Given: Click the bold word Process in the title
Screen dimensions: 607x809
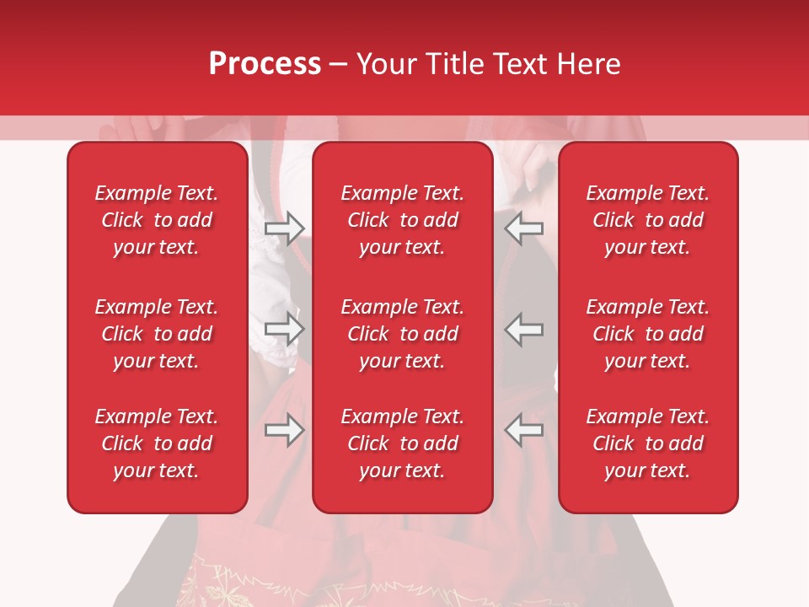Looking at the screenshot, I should [265, 64].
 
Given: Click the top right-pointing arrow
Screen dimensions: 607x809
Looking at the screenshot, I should [284, 228].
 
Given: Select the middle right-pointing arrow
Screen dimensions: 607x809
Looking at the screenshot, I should [284, 328].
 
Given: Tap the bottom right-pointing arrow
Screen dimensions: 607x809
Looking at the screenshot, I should [284, 430].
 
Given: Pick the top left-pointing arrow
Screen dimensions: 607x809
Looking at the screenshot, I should [524, 228].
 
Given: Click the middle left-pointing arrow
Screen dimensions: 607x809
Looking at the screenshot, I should [524, 328].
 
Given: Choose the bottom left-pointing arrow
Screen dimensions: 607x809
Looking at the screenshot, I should [524, 430].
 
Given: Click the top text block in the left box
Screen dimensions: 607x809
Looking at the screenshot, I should [157, 220].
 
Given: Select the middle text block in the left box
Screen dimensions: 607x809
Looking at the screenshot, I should [157, 334].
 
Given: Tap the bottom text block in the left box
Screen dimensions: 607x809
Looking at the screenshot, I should [157, 443].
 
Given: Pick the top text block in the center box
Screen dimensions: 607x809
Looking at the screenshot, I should [402, 220].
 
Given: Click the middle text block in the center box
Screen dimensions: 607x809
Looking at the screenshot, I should [402, 334].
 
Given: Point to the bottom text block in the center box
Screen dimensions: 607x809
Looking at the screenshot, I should [402, 443].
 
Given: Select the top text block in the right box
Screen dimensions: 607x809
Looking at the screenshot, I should [647, 220].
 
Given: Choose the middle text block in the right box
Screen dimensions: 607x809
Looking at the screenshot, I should [647, 334].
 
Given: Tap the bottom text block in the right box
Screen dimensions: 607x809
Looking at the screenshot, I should [647, 443].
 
